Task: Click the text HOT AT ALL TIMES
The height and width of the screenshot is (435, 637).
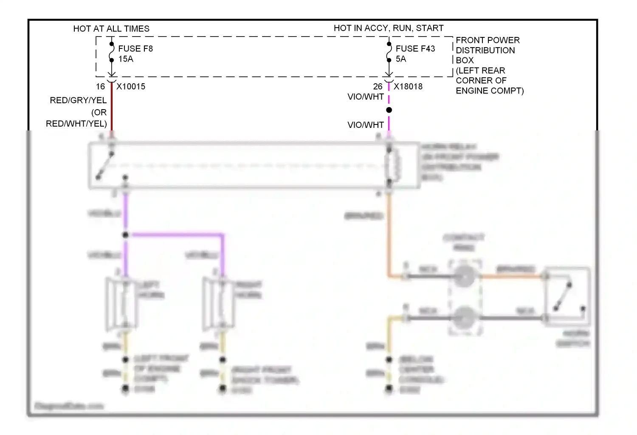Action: pyautogui.click(x=111, y=28)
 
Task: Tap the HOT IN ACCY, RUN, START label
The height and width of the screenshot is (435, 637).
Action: pyautogui.click(x=389, y=28)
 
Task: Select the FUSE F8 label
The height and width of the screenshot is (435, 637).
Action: pyautogui.click(x=135, y=48)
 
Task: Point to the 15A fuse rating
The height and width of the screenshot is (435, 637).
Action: pyautogui.click(x=126, y=59)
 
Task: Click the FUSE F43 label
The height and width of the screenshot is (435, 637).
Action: pyautogui.click(x=415, y=48)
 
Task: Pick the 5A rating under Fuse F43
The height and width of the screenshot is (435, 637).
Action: pyautogui.click(x=401, y=59)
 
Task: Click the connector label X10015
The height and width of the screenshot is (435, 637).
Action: pyautogui.click(x=131, y=86)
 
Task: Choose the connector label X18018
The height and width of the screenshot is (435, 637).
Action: pyautogui.click(x=408, y=86)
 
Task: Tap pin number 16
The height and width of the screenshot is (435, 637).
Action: pyautogui.click(x=100, y=86)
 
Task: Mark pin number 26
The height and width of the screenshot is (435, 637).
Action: pyautogui.click(x=378, y=86)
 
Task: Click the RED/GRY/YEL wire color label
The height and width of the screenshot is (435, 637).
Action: pyautogui.click(x=78, y=100)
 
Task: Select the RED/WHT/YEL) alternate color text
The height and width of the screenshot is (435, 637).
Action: pyautogui.click(x=76, y=124)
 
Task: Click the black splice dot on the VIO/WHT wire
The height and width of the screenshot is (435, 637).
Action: pyautogui.click(x=389, y=110)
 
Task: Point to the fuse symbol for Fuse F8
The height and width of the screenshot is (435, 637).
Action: pyautogui.click(x=112, y=52)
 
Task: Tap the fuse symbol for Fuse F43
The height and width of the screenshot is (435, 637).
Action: pyautogui.click(x=389, y=52)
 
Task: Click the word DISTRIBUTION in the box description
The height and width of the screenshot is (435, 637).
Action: pyautogui.click(x=485, y=50)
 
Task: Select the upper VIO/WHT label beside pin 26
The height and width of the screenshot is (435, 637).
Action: pyautogui.click(x=366, y=97)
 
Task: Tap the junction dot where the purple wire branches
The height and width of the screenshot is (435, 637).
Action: pyautogui.click(x=125, y=235)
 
